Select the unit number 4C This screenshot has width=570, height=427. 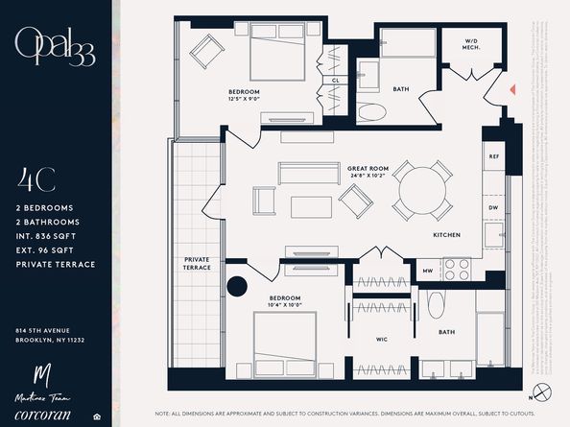tap(36, 180)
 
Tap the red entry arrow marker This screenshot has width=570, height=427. tap(514, 89)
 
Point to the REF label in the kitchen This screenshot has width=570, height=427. tap(494, 155)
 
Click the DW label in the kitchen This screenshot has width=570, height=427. tap(494, 206)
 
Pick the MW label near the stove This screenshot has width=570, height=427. tap(428, 272)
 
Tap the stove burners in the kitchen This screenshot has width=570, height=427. tap(457, 271)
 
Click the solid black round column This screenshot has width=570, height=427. tap(237, 288)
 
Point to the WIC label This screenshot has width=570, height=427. tap(381, 339)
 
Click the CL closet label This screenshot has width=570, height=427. tap(336, 81)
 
